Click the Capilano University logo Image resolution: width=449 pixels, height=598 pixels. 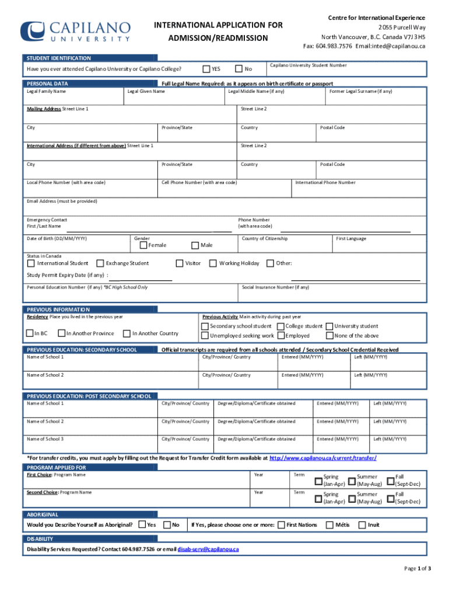[76, 31]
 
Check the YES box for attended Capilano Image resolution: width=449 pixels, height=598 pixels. [206, 69]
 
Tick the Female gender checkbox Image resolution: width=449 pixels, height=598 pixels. [143, 245]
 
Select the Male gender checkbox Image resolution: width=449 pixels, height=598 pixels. [195, 245]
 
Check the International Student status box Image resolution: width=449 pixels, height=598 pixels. [30, 263]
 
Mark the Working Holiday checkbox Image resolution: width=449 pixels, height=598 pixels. [213, 263]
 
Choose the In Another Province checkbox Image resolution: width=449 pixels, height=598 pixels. [61, 333]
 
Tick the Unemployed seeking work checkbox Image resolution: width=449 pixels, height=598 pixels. [205, 336]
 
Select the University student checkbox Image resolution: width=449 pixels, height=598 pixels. [329, 326]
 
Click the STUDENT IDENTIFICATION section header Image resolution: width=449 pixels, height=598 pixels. [58, 58]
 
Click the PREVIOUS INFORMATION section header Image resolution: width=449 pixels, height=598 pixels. [58, 310]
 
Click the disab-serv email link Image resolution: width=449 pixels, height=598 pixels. [208, 550]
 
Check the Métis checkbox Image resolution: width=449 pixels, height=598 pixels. [329, 525]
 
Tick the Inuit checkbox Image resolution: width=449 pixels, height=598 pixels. [362, 525]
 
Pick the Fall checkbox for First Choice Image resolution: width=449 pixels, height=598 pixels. [391, 481]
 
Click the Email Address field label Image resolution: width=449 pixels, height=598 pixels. [62, 201]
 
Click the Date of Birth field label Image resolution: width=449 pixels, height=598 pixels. [57, 239]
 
